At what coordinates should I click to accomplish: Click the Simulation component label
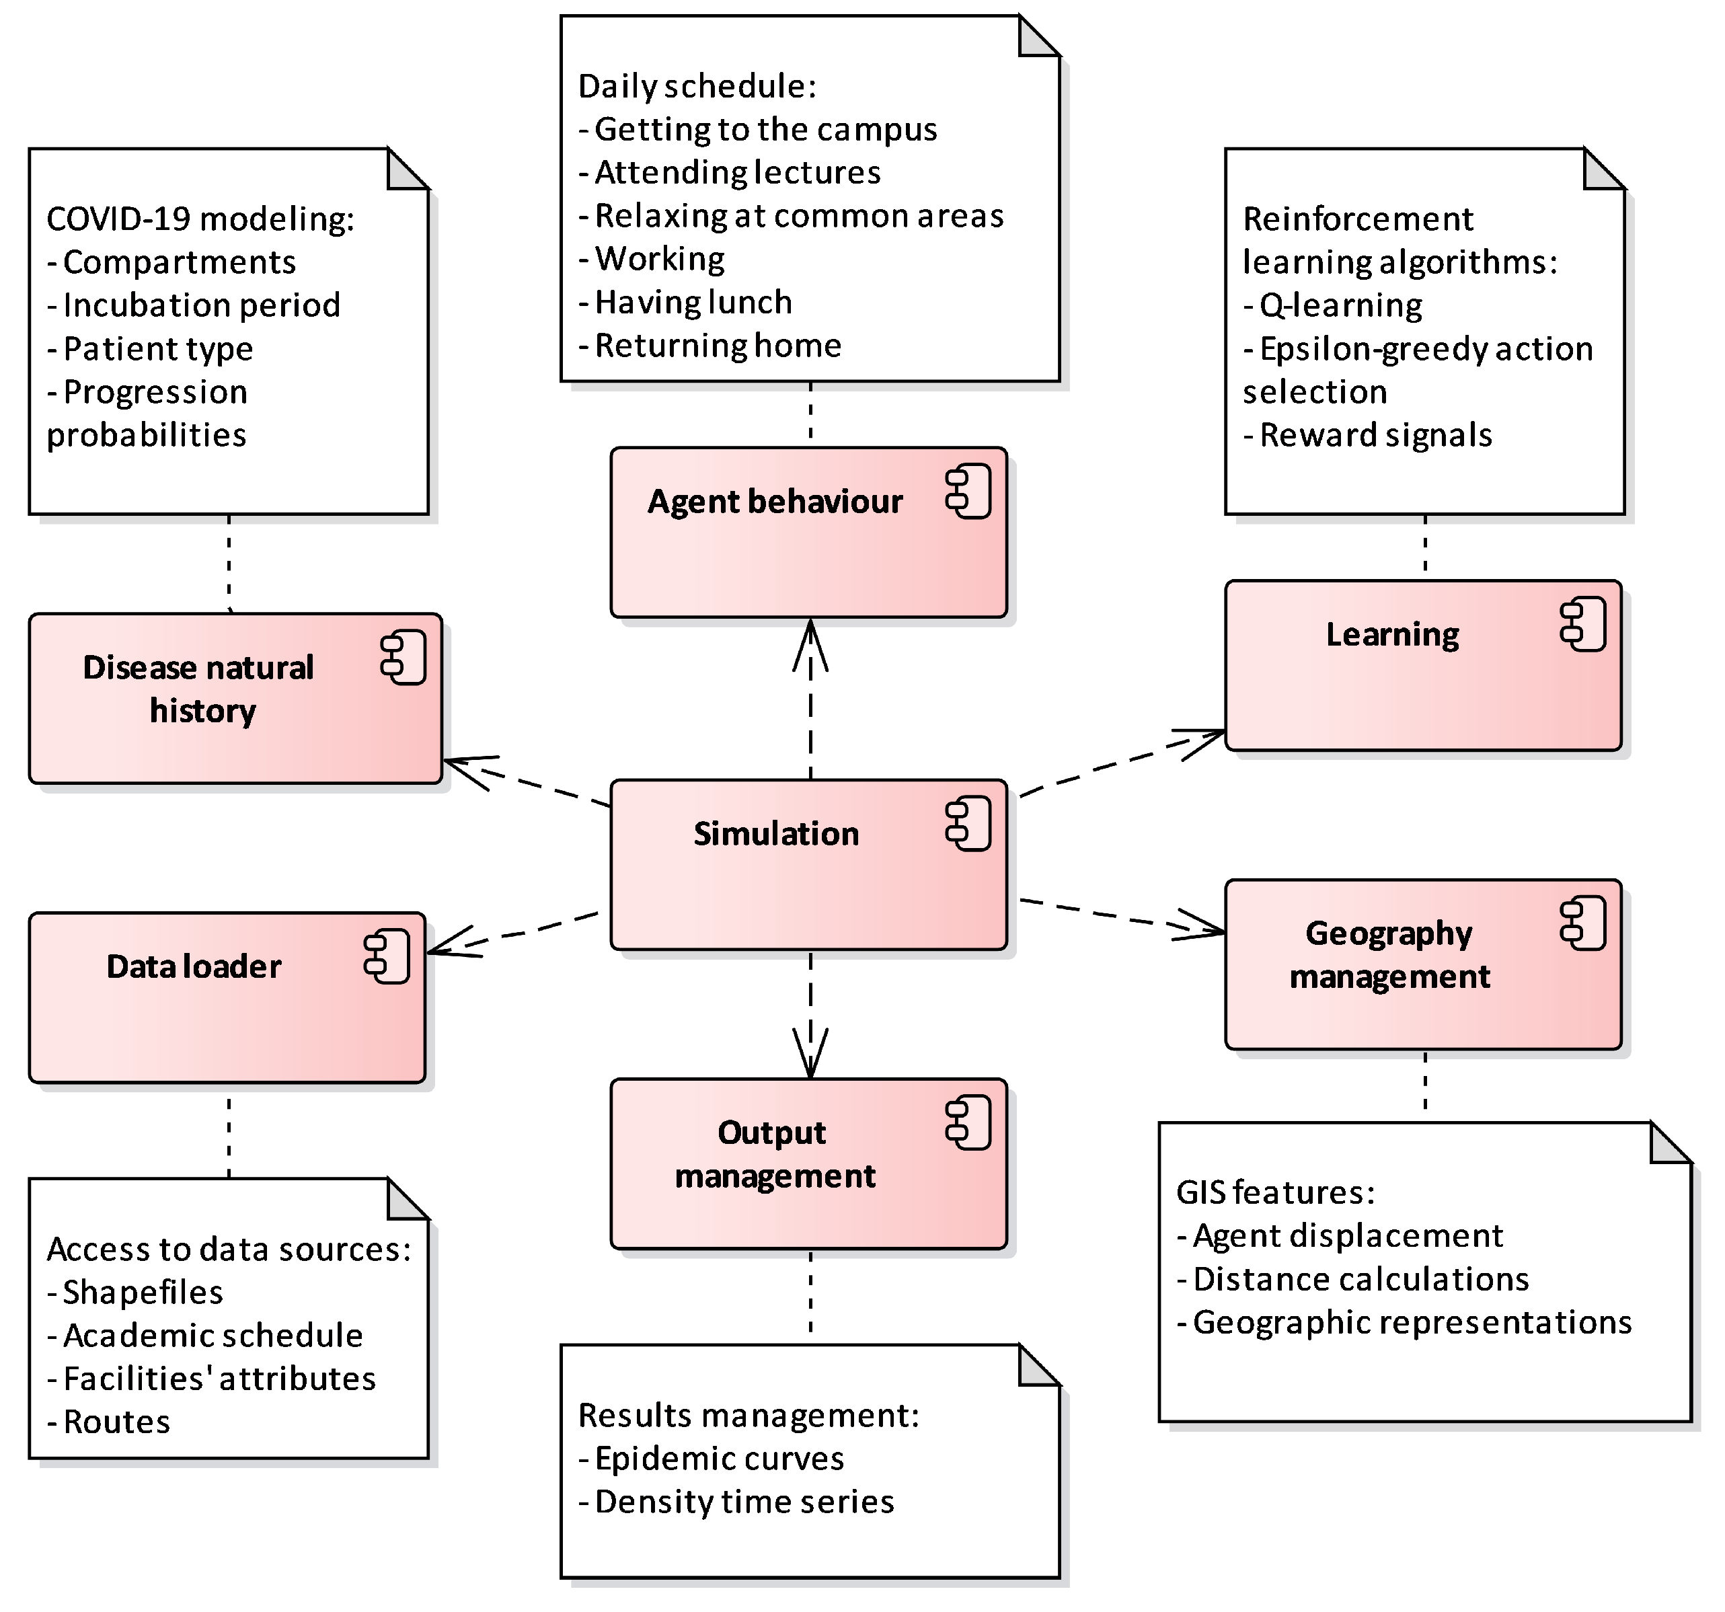point(775,834)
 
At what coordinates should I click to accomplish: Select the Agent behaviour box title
point(774,502)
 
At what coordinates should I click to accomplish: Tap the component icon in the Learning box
point(1582,625)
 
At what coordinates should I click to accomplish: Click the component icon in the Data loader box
point(386,957)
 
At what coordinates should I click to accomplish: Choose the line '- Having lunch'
point(685,302)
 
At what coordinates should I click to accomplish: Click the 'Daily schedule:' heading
point(697,86)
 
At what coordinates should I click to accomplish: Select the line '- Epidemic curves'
point(711,1459)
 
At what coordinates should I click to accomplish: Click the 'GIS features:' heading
point(1274,1192)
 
